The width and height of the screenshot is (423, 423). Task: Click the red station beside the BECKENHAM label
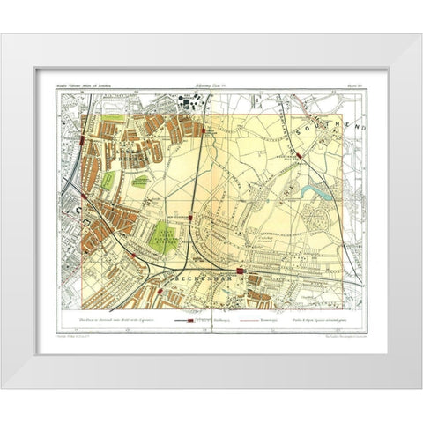tap(241, 270)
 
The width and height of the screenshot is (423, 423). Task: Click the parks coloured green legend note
tap(317, 323)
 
